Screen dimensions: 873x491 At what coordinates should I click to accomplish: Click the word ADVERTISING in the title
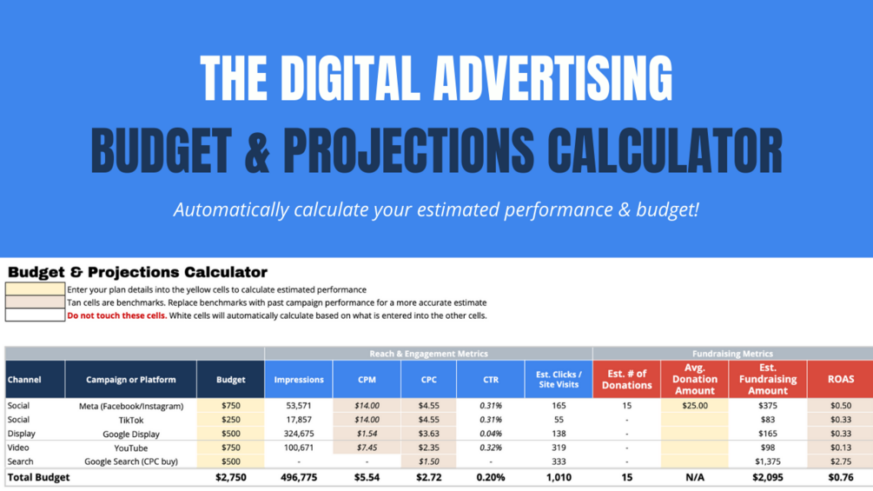coord(552,78)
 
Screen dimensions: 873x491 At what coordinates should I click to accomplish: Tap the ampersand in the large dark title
coord(256,150)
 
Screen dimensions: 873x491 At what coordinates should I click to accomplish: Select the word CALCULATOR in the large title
coord(665,150)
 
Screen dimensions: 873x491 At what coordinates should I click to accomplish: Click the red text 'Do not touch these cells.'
coord(117,315)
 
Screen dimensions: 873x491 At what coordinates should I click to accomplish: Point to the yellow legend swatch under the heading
coord(35,289)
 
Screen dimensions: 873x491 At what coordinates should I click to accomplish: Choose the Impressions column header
coord(299,380)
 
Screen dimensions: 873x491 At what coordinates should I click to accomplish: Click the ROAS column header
coord(840,379)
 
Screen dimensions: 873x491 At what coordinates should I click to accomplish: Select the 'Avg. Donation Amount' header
coord(695,379)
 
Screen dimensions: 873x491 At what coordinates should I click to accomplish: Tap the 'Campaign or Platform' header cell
coord(131,380)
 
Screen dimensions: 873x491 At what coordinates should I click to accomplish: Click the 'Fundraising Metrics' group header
coord(732,354)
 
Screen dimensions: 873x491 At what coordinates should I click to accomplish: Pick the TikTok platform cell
coord(131,421)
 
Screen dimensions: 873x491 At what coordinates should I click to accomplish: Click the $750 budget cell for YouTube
coord(230,448)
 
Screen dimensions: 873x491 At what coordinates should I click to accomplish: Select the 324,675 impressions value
coord(299,434)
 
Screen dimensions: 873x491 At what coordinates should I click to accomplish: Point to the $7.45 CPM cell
coord(367,448)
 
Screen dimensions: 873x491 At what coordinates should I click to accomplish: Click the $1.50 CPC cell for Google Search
coord(429,461)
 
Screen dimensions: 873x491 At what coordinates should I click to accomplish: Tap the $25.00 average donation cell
coord(695,406)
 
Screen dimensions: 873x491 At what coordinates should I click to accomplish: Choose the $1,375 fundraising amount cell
coord(768,461)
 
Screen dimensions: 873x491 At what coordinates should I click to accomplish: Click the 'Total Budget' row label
coord(38,477)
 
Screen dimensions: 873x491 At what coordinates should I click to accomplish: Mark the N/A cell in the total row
coord(695,477)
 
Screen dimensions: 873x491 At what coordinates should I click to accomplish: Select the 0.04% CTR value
coord(491,434)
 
